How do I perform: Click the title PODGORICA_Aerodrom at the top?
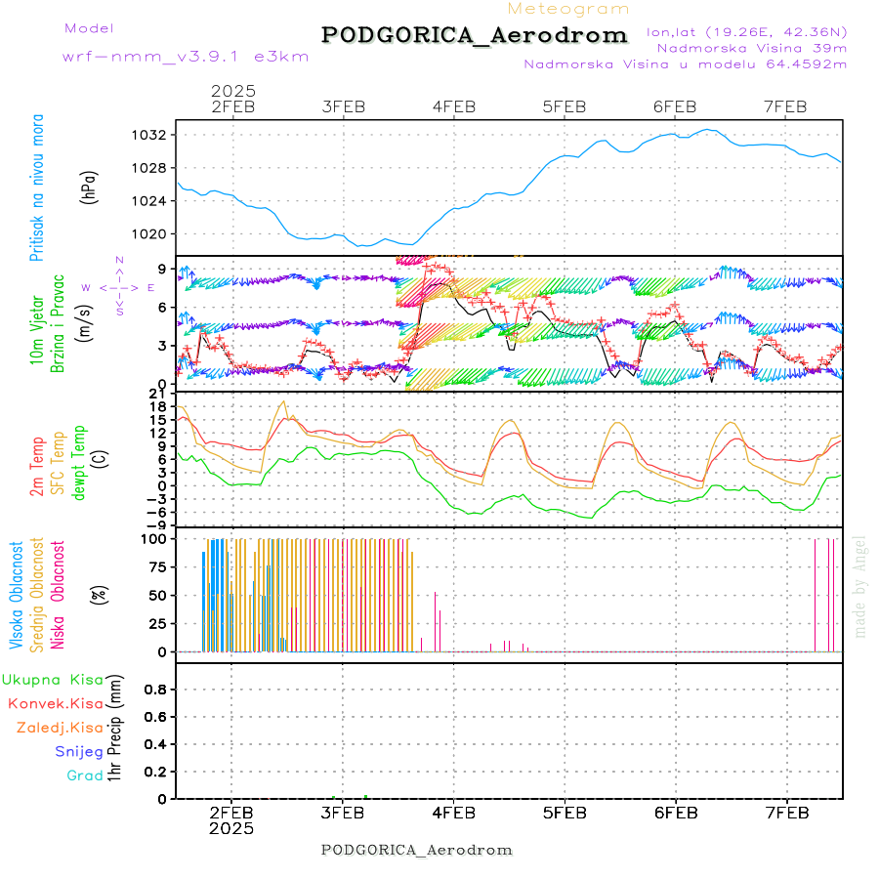pos(475,35)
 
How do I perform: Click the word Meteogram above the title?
pos(568,9)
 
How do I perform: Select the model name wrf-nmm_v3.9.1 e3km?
pos(186,56)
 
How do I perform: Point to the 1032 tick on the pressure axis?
pos(154,135)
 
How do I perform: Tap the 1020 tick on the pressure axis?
pos(154,234)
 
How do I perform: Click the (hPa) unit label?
pos(90,186)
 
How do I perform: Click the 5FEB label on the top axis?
pos(565,106)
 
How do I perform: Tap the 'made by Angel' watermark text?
pos(860,586)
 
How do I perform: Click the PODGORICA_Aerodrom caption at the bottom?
pos(417,850)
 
